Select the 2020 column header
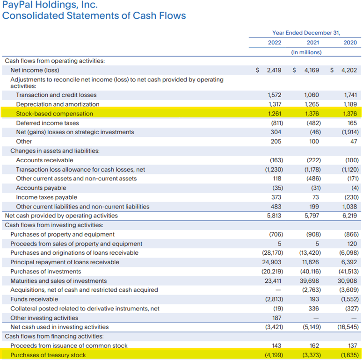point(350,43)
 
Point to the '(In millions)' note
point(306,52)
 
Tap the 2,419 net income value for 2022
point(274,70)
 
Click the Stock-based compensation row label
point(54,114)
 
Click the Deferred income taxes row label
point(48,123)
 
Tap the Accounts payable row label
point(41,188)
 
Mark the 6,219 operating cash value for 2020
point(349,216)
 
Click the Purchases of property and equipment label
point(62,234)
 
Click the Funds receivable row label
point(34,299)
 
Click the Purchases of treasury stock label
point(48,355)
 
